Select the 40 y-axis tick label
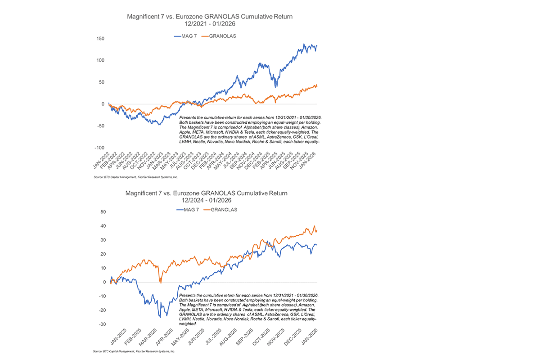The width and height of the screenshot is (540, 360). coord(103,226)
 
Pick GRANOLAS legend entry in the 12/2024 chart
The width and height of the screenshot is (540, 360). coord(224,210)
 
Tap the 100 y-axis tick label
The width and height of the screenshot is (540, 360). coord(100,61)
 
